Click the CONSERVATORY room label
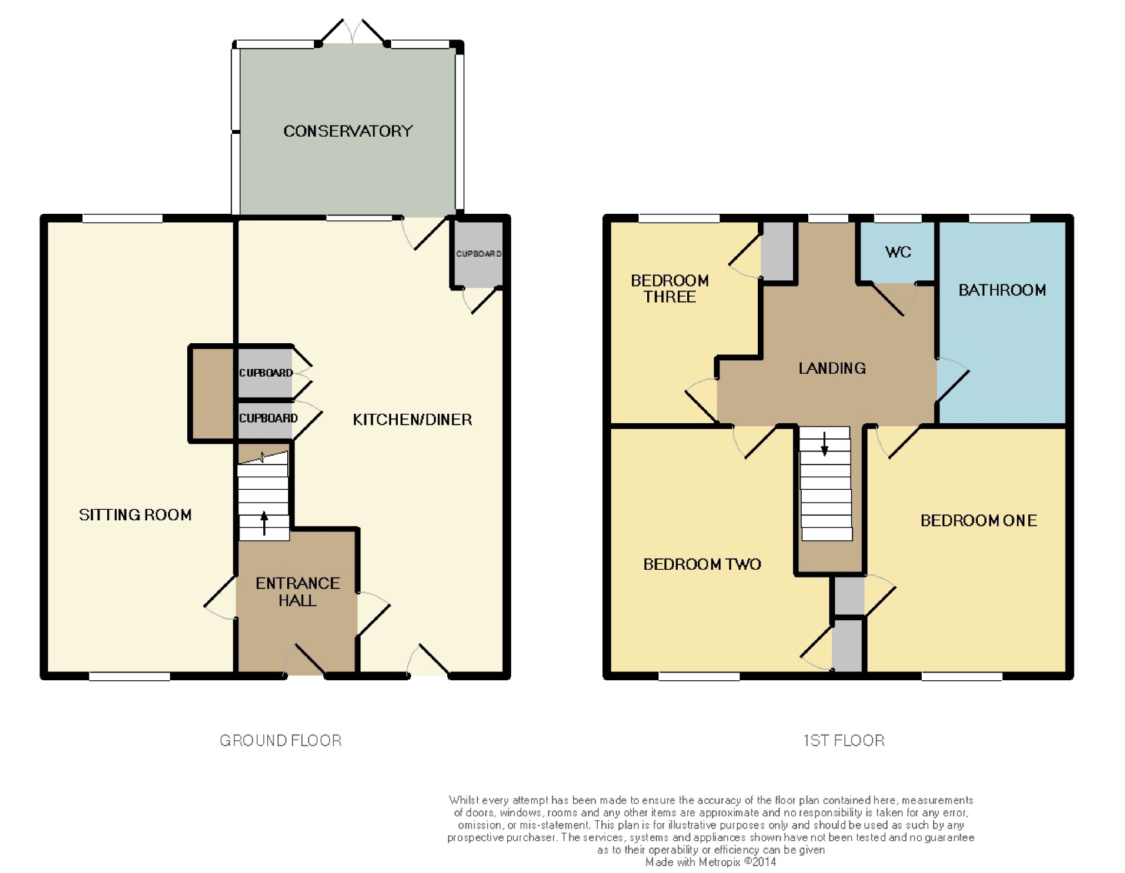(x=348, y=131)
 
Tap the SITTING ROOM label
(x=135, y=515)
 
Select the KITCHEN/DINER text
(x=412, y=419)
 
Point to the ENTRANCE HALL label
(x=297, y=591)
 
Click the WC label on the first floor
(x=898, y=252)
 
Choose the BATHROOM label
(x=1002, y=290)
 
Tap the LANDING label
(x=832, y=368)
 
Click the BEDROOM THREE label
(x=669, y=289)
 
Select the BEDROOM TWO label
(x=702, y=564)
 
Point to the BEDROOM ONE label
(x=978, y=520)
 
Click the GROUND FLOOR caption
(x=281, y=740)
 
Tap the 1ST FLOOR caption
(x=843, y=740)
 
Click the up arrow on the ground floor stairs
(x=264, y=523)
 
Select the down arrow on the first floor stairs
(x=824, y=444)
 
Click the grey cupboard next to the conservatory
(x=478, y=254)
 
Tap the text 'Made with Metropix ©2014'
(x=711, y=862)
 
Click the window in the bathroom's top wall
(x=999, y=218)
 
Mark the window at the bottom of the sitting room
(x=129, y=676)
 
